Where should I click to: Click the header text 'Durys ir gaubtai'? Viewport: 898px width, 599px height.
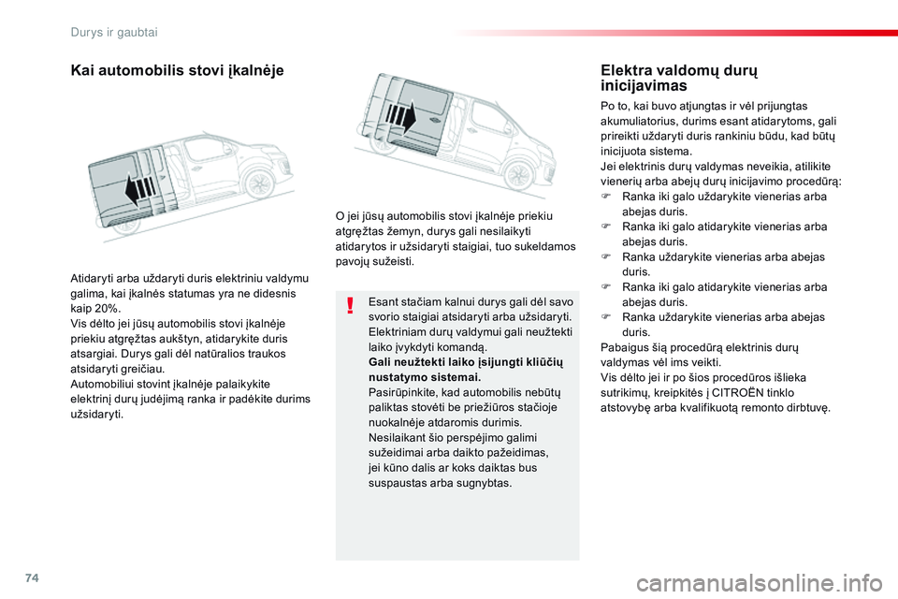113,32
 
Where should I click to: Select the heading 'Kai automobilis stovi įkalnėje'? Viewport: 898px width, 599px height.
177,70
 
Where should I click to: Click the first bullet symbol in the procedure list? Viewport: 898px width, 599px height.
606,197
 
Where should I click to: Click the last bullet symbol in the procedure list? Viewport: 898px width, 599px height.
606,317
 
